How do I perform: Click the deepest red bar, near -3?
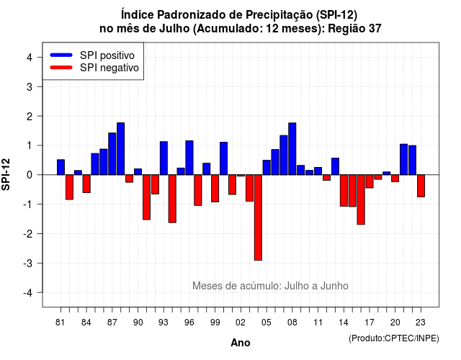point(258,217)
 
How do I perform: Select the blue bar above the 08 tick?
point(292,149)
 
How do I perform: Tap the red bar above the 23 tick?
point(421,186)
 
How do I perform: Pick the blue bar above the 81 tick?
point(61,167)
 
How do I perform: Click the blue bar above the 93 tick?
point(164,158)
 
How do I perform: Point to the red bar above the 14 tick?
point(344,190)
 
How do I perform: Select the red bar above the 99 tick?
point(215,189)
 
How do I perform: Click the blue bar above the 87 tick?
point(112,153)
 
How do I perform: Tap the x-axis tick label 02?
point(241,323)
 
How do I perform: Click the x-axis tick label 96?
point(189,323)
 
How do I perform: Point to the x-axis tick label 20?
point(395,323)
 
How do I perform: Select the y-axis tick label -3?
point(29,264)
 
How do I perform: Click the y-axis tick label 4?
point(30,58)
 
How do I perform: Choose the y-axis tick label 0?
point(30,175)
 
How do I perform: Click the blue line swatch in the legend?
point(61,55)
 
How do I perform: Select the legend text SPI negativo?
point(109,68)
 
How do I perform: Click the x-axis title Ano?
point(241,343)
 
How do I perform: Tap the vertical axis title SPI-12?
point(6,174)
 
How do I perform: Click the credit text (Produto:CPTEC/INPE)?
point(394,338)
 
